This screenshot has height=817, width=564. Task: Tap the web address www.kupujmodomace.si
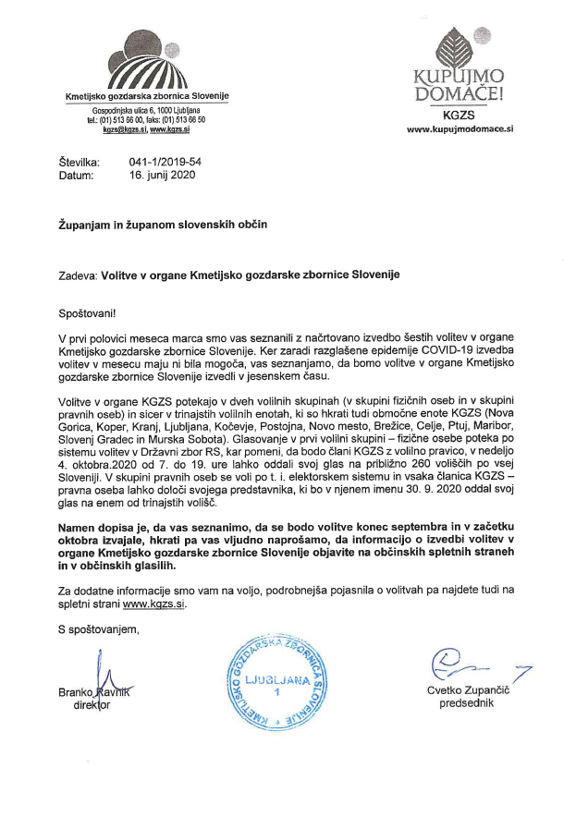460,130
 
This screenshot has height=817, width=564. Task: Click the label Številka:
79,162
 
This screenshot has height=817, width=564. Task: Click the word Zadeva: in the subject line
77,274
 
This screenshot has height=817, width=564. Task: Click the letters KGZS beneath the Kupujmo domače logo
459,116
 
